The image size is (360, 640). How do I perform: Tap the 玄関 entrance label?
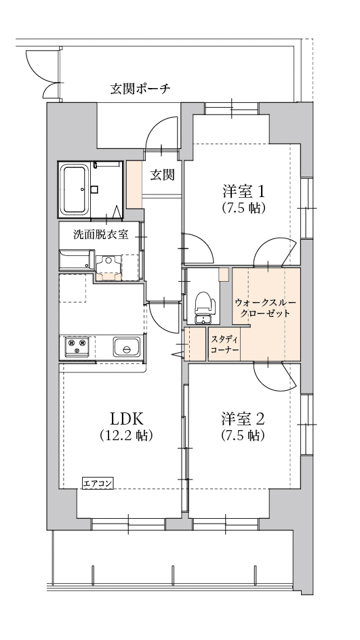162,174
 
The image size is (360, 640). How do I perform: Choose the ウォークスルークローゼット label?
264,306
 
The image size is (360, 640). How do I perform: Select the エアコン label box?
98,482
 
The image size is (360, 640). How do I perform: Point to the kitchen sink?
127,348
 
